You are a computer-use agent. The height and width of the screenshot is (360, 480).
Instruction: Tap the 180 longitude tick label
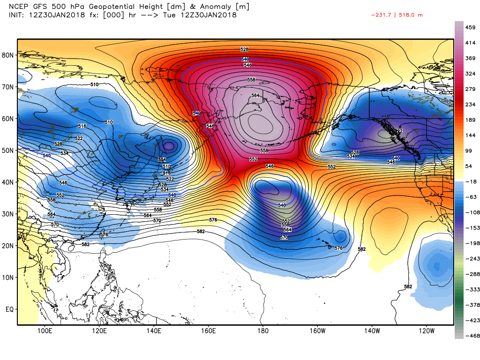tap(262, 331)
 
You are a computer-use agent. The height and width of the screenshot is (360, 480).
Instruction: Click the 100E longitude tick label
tap(45, 331)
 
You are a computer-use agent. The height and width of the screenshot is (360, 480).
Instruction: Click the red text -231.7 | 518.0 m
tap(397, 15)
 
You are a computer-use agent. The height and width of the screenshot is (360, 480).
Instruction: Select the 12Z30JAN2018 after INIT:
tap(51, 15)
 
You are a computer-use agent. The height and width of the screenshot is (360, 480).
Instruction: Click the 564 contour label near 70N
tap(255, 95)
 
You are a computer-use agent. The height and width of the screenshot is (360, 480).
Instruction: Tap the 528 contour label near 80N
tap(244, 49)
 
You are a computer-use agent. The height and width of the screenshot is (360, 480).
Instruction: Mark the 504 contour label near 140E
tap(162, 160)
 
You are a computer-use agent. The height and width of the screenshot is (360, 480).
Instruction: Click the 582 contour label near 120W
tap(408, 286)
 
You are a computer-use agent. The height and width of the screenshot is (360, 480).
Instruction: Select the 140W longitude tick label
tap(372, 331)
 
